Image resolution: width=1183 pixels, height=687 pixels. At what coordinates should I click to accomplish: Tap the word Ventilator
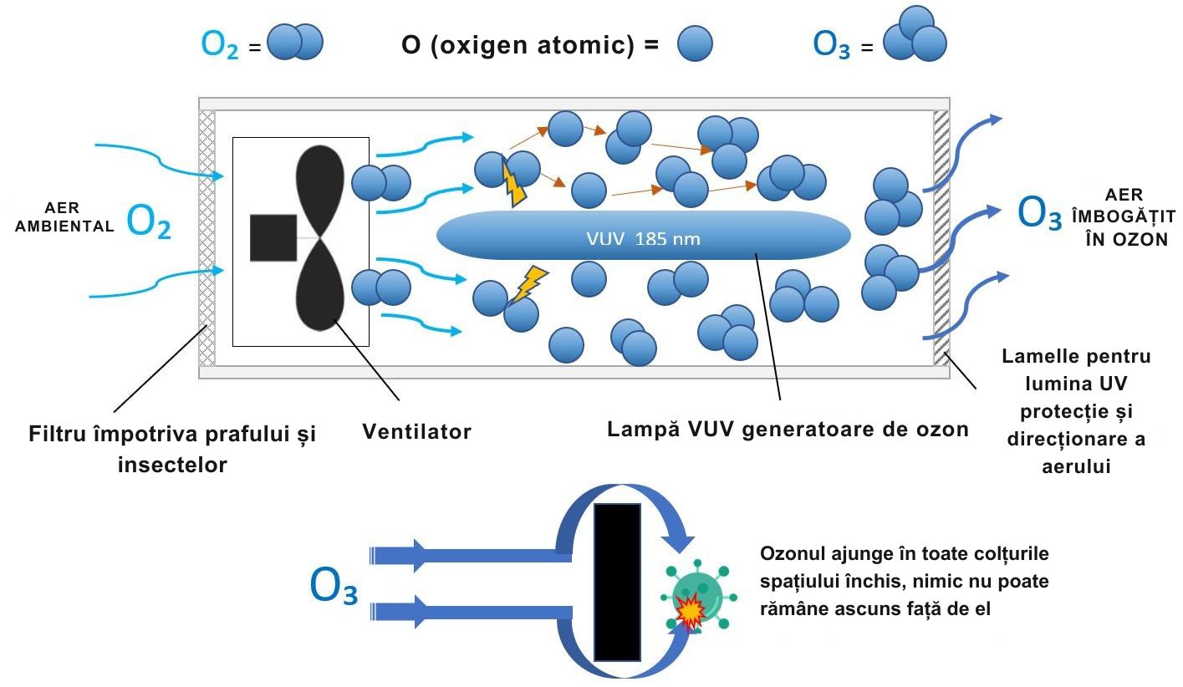coord(416,432)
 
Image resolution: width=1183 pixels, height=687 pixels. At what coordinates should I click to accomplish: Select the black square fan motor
coord(273,237)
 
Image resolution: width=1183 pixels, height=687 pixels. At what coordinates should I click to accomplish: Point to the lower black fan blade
coord(320,288)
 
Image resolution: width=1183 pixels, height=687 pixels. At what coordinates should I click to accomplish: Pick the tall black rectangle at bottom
coord(617,582)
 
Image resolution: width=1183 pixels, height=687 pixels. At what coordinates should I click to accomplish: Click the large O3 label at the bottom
coord(334,587)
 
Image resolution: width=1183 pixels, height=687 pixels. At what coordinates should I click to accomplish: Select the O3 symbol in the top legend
coord(832,45)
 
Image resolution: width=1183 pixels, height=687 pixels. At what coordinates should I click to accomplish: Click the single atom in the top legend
coord(694,44)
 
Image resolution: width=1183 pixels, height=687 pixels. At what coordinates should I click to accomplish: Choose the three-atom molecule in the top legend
coord(915,36)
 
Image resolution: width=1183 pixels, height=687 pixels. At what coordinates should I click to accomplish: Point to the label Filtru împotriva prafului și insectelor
coord(172,450)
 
